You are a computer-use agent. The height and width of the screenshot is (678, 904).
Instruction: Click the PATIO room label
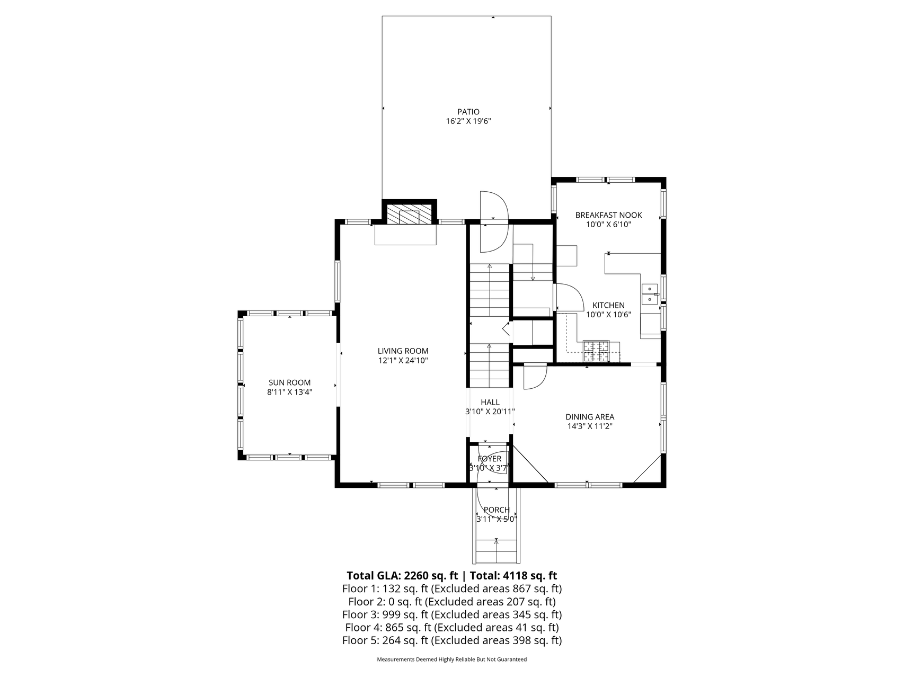point(468,112)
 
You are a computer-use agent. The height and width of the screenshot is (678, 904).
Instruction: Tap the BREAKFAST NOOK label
point(608,215)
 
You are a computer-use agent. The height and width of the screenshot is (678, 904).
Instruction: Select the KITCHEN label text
point(608,305)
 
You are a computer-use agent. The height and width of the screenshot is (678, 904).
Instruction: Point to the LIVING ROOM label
point(403,351)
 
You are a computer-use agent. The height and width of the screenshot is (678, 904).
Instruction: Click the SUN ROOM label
point(289,382)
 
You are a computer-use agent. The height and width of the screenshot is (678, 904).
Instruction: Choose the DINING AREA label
point(590,417)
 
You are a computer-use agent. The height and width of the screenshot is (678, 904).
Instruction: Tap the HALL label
point(490,402)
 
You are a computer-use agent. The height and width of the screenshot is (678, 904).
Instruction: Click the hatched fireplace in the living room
point(409,215)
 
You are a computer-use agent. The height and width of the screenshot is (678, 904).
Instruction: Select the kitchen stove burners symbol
point(596,351)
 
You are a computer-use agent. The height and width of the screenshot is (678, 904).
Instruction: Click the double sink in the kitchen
point(650,294)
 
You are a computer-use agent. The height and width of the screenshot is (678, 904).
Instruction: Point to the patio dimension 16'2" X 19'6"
point(468,121)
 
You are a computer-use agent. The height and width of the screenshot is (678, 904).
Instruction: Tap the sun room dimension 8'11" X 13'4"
point(289,392)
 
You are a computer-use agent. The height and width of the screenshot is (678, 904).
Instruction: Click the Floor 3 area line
point(452,614)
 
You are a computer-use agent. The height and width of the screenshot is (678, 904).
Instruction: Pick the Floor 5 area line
point(452,640)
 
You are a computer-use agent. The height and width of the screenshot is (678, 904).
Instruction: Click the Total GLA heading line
point(452,576)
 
